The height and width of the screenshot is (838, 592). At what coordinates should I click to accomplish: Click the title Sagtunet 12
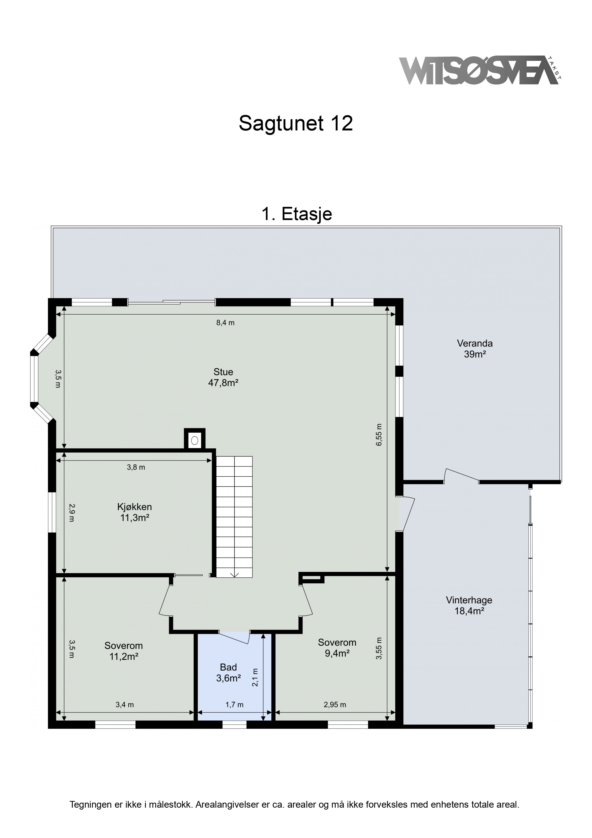pyautogui.click(x=296, y=123)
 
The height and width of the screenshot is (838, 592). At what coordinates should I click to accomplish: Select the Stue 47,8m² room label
pyautogui.click(x=223, y=377)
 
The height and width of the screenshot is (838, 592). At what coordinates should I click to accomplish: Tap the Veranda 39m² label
pyautogui.click(x=475, y=349)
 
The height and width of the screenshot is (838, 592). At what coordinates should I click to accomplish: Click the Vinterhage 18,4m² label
pyautogui.click(x=469, y=606)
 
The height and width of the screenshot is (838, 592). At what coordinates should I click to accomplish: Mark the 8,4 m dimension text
pyautogui.click(x=225, y=323)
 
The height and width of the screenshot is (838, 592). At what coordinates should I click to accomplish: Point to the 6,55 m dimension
pyautogui.click(x=379, y=435)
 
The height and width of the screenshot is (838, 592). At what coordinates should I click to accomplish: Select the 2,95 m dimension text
pyautogui.click(x=335, y=705)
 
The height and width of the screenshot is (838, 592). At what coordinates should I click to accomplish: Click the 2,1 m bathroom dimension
pyautogui.click(x=255, y=677)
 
